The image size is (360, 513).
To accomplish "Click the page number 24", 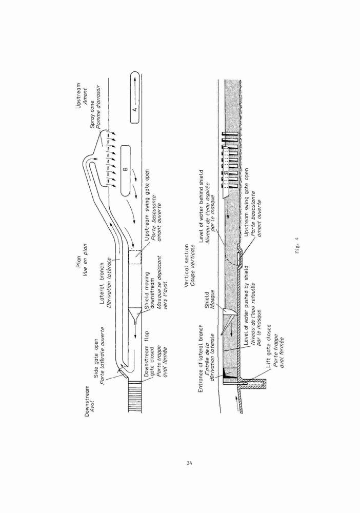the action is click(189, 463).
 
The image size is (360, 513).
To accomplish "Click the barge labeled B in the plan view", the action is click(126, 170).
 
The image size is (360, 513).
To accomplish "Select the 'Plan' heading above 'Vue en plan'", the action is click(79, 262).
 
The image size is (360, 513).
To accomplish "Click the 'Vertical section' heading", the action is click(186, 266).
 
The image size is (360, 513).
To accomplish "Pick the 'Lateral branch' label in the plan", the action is click(102, 283).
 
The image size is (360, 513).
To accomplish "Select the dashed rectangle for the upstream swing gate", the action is click(135, 257).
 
